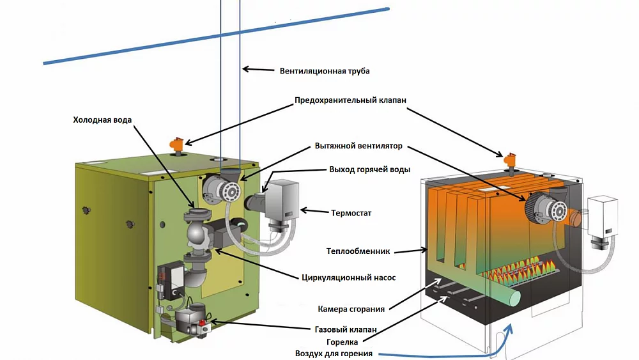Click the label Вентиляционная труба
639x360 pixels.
325,71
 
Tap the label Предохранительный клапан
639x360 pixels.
350,100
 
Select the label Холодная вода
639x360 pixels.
102,120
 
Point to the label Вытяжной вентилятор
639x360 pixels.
358,146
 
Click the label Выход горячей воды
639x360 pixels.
369,169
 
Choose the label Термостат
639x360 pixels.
351,213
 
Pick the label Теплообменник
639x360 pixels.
358,251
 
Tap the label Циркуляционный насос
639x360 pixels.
348,278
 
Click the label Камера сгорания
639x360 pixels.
351,309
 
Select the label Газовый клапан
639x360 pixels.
346,329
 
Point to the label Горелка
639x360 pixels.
343,342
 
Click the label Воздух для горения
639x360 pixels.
334,354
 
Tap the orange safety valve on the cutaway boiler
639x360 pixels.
510,162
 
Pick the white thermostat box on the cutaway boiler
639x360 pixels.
603,215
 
